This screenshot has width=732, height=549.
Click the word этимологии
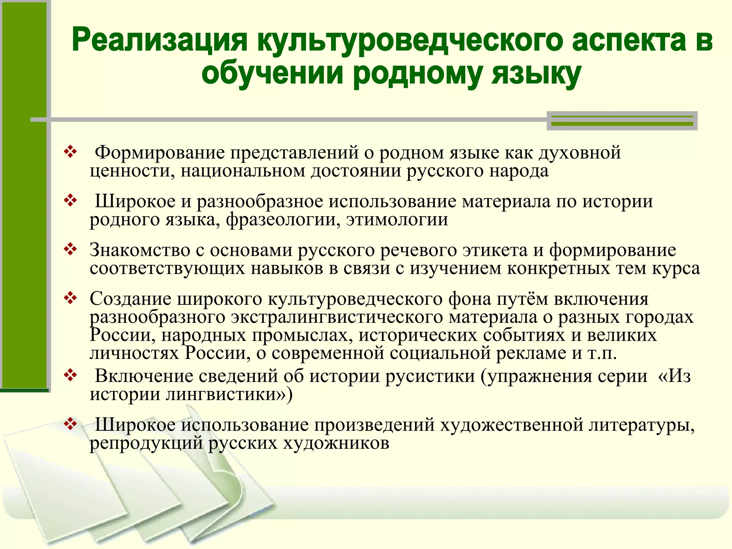[397, 219]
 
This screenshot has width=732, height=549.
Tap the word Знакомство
[140, 250]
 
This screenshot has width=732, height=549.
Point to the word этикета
[495, 250]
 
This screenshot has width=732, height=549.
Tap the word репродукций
[146, 444]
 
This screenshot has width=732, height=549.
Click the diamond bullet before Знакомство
[70, 249]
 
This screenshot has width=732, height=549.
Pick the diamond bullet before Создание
[70, 298]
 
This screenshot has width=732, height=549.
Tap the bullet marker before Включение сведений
[70, 375]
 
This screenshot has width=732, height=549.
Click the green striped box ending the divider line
[622, 121]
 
